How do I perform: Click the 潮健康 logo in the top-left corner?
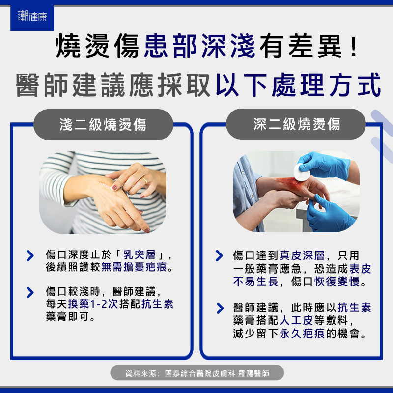(32, 17)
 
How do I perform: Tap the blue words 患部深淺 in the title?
(199, 46)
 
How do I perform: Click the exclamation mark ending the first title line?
(354, 46)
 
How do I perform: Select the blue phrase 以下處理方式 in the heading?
(299, 85)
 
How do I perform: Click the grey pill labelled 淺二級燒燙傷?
(103, 124)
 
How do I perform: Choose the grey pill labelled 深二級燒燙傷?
(296, 124)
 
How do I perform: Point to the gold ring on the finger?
(144, 180)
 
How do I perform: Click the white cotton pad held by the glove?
(302, 172)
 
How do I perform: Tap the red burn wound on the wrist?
(291, 184)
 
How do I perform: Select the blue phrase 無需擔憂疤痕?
(134, 267)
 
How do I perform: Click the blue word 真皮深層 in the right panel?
(302, 255)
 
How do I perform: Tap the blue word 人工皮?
(296, 320)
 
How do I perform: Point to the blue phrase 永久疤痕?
(302, 334)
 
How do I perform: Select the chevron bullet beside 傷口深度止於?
(30, 255)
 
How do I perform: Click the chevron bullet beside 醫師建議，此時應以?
(220, 308)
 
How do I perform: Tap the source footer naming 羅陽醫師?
(197, 373)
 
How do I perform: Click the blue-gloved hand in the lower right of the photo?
(328, 214)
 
